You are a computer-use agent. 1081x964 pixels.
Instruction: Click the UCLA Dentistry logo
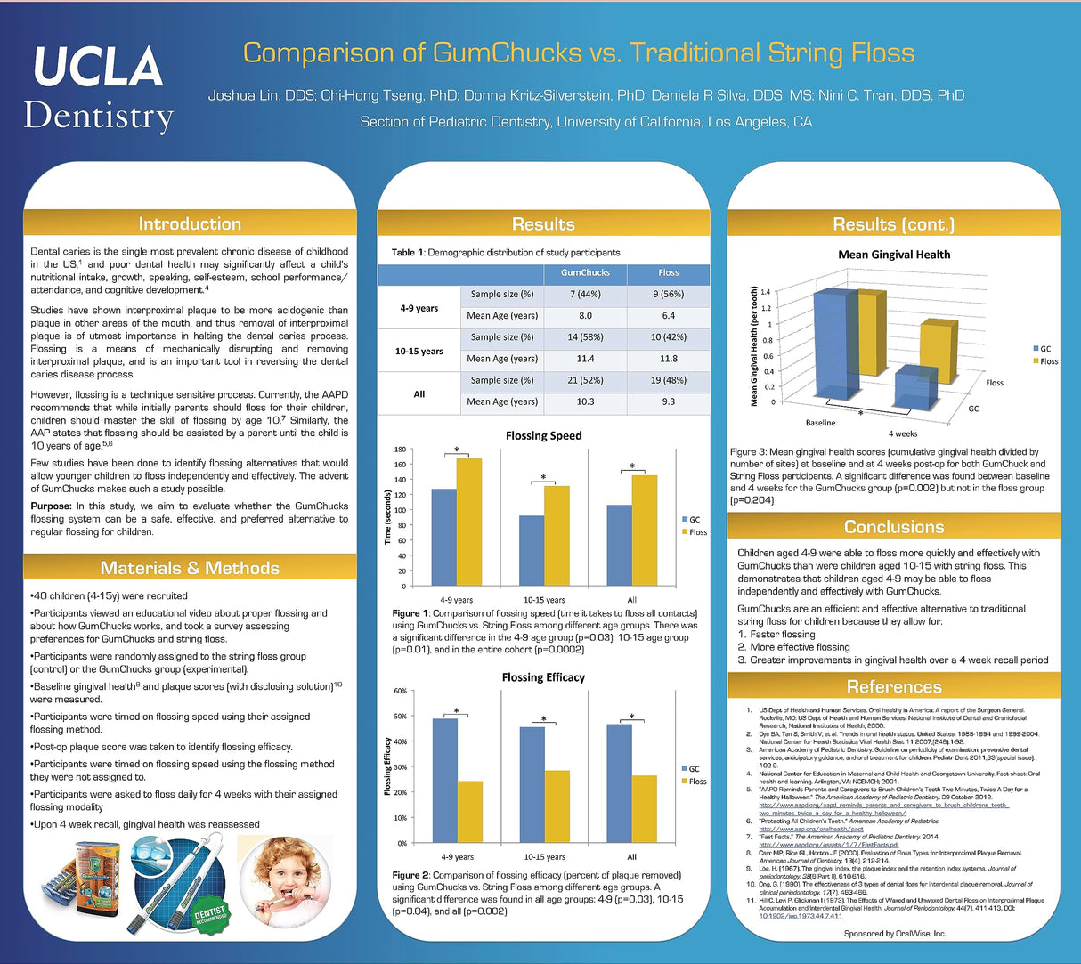click(99, 87)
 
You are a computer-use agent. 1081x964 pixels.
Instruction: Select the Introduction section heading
click(190, 223)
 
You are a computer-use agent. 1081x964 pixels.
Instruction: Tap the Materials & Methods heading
click(190, 568)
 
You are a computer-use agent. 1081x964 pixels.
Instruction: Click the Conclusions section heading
click(894, 527)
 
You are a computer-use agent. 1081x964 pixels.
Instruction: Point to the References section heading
click(894, 686)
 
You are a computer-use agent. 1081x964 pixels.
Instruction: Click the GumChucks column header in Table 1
click(585, 273)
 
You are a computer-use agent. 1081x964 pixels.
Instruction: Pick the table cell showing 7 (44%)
click(585, 295)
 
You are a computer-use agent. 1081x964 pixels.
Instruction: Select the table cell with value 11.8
click(668, 359)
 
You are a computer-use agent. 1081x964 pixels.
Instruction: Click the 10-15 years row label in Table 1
click(419, 352)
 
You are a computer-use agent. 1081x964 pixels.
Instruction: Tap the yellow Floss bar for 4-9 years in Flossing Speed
click(468, 522)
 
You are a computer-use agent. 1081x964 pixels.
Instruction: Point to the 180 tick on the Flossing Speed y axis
click(400, 450)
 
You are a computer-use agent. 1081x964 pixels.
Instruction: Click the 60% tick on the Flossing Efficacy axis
click(400, 691)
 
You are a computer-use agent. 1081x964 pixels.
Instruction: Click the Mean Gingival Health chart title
click(894, 255)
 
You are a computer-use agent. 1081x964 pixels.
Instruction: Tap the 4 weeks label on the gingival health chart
click(902, 433)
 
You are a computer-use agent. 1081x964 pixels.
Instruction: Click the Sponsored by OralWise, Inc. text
click(895, 934)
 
